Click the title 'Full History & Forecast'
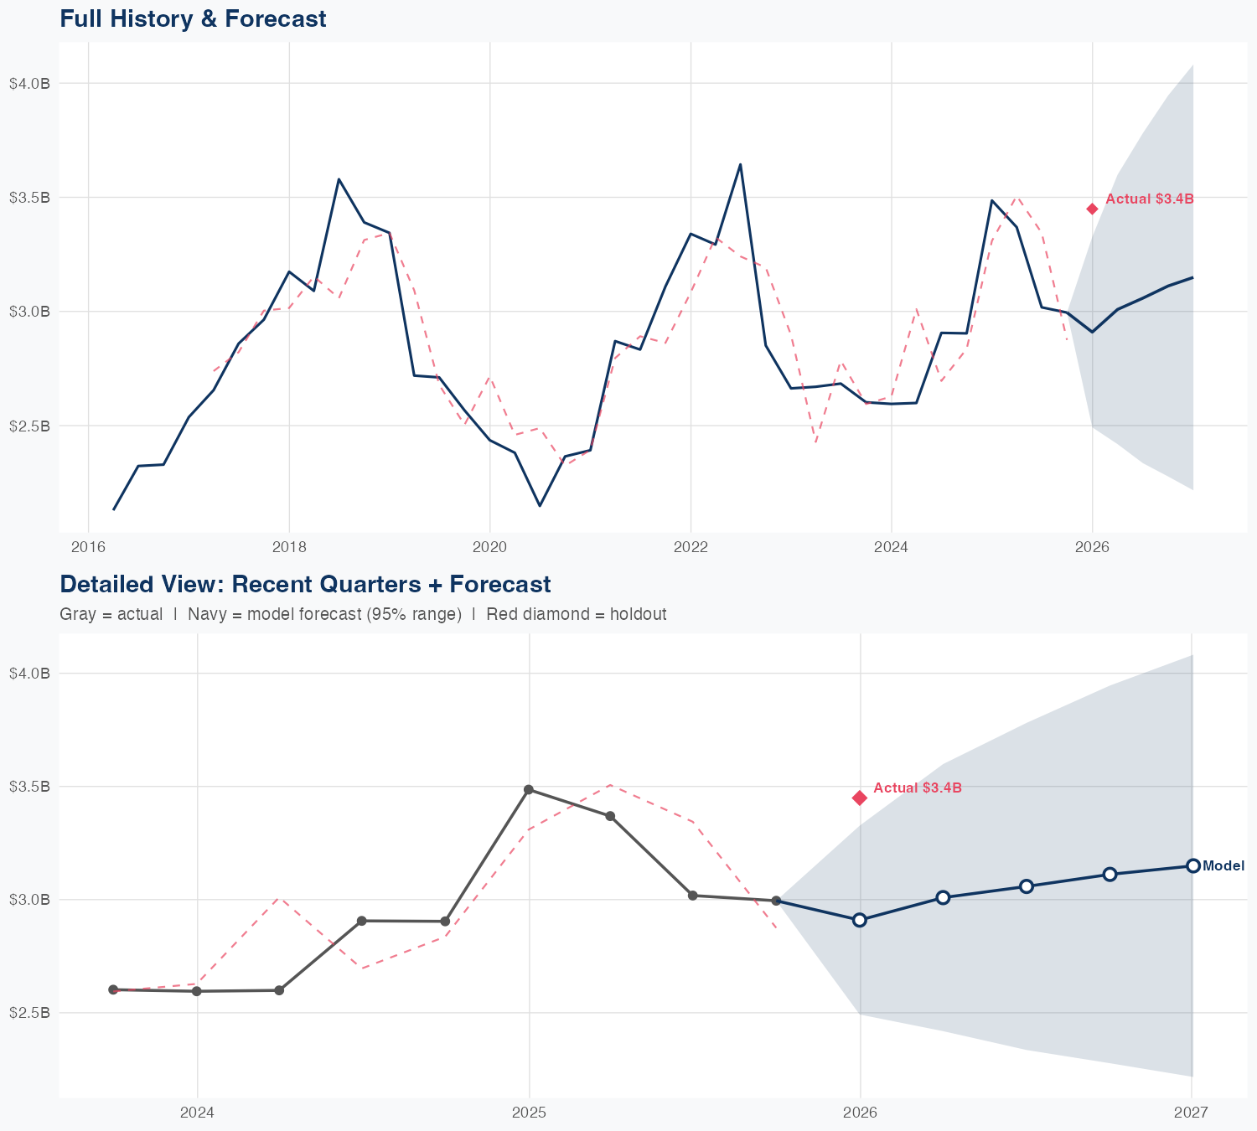pos(193,18)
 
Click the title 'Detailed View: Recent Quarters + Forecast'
pos(305,584)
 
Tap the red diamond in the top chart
pos(1092,209)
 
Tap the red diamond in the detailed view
pos(859,798)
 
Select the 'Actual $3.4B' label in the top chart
pos(1149,199)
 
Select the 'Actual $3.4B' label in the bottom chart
pos(917,788)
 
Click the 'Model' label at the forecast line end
pos(1223,866)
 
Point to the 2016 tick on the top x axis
pos(88,548)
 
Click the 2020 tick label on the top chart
pos(489,548)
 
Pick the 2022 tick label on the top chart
pos(691,548)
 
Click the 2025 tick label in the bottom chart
pos(529,1113)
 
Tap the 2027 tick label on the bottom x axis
pos(1191,1113)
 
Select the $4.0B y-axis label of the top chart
pos(29,84)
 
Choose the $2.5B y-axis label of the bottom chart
pos(29,1013)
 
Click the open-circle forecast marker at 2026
pos(859,920)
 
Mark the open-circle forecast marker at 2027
pos(1192,865)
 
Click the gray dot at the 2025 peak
pos(529,790)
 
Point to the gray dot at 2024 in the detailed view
pos(197,991)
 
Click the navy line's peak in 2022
pos(740,164)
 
